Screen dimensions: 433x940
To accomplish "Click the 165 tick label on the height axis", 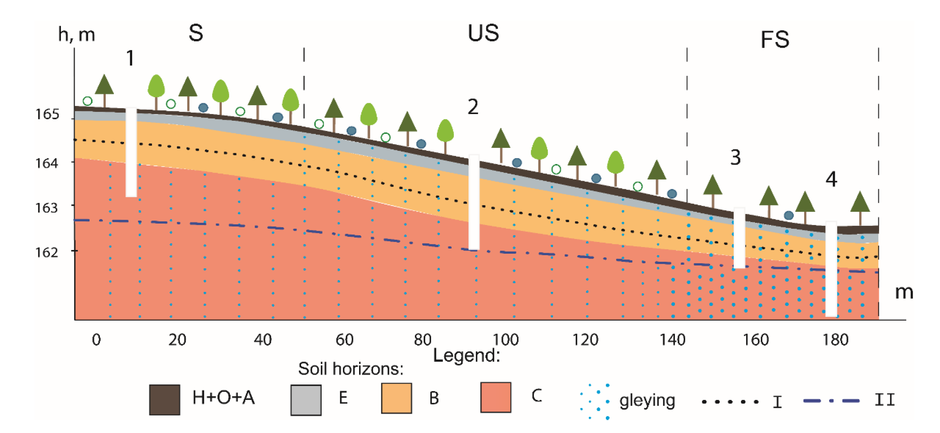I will (47, 114).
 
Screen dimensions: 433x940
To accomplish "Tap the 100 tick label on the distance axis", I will (505, 340).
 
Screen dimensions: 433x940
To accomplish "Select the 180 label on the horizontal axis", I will (835, 340).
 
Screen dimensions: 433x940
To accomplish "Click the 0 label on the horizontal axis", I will (96, 340).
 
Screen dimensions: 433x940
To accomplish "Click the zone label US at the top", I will (483, 33).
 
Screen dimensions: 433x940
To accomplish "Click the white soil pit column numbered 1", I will (131, 152).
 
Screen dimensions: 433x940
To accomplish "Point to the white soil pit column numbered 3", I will (739, 238).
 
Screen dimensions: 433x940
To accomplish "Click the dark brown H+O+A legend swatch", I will (164, 399).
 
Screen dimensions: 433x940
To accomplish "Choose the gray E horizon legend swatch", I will (306, 400).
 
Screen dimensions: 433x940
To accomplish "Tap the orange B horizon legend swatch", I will (396, 398).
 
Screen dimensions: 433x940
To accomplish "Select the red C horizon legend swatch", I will (496, 397).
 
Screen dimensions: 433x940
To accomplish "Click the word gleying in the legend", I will (647, 401).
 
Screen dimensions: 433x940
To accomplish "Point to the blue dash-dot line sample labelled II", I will (831, 401).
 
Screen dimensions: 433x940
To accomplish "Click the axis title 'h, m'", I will (77, 35).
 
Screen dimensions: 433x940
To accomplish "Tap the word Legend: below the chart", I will (466, 355).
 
